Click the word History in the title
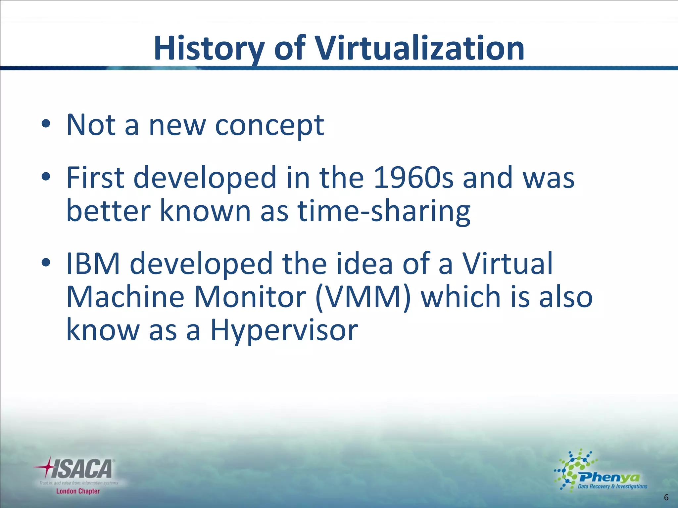[x=209, y=49]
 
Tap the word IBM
[x=93, y=264]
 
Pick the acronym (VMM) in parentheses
[x=363, y=297]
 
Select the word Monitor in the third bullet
[x=250, y=297]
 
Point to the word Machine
[x=125, y=297]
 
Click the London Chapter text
[x=78, y=491]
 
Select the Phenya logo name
[x=609, y=478]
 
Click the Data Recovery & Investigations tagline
[x=612, y=487]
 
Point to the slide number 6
[x=666, y=497]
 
